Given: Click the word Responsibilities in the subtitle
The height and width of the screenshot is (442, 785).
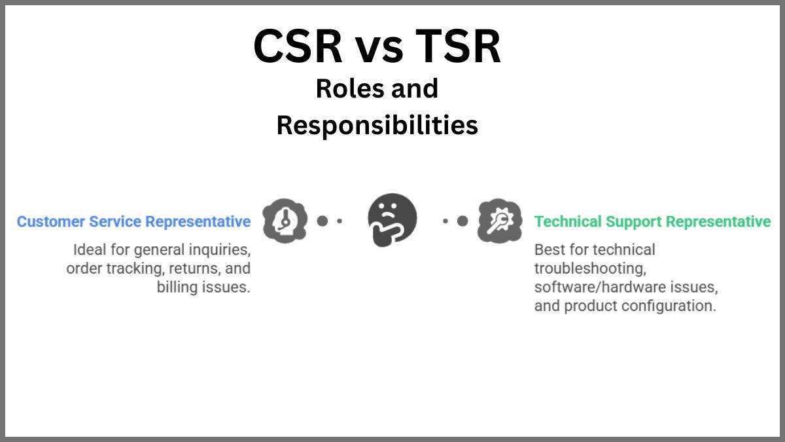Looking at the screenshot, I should [377, 125].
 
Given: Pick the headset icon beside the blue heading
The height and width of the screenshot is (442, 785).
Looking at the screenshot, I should [285, 221].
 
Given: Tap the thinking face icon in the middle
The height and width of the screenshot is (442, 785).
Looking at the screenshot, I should [392, 220].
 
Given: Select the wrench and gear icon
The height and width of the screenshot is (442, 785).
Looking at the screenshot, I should [500, 221].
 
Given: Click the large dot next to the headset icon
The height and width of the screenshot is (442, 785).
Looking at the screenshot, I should [322, 221].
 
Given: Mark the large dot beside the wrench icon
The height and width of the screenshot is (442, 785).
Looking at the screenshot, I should [462, 221].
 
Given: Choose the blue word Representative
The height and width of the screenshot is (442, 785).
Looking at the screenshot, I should [198, 222].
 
